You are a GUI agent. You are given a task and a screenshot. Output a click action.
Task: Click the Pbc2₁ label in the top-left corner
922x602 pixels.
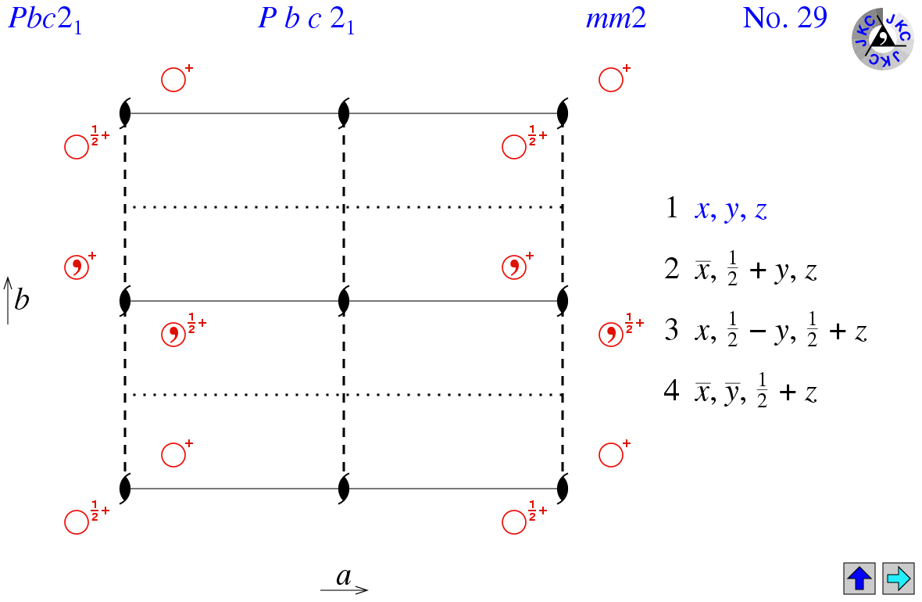coord(45,20)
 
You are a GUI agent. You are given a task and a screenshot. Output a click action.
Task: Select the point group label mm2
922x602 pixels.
coord(616,19)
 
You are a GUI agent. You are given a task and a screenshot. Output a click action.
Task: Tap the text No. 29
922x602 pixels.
coord(784,19)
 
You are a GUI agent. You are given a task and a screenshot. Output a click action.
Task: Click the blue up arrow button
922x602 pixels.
coord(859,579)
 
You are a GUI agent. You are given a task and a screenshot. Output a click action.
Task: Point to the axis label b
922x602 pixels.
coord(21,300)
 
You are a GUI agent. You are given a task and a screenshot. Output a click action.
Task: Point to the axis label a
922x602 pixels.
coord(344,577)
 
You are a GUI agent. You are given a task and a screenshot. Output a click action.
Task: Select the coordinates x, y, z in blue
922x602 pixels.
coord(731,211)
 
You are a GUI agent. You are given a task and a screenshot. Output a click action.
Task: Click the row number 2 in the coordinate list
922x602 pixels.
coord(672,270)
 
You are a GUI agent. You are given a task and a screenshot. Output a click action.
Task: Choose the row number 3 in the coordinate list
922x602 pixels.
coord(672,331)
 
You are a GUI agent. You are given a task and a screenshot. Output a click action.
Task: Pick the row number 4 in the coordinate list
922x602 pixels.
coord(672,391)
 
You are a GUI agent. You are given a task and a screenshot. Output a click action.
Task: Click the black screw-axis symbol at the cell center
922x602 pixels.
coord(344,300)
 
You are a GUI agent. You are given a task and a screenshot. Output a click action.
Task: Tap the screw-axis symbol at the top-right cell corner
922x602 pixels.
coord(563,113)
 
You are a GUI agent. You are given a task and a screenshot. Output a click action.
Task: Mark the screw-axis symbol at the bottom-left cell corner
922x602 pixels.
coord(125,489)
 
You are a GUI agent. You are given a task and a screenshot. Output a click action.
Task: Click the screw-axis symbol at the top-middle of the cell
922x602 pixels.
coord(344,113)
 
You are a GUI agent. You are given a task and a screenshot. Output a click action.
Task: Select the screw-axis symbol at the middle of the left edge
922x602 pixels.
coord(125,300)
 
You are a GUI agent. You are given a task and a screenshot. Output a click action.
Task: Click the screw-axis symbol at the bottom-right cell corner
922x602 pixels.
coord(563,489)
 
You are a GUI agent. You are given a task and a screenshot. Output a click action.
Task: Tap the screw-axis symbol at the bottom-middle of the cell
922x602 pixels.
coord(344,489)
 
